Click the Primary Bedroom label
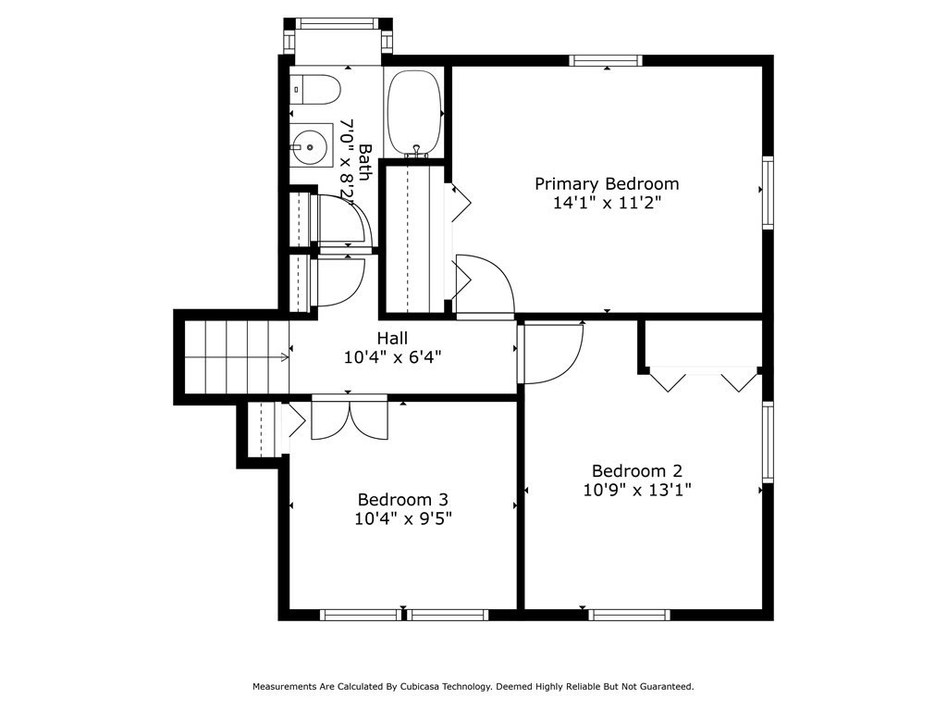point(607,184)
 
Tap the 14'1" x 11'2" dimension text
point(607,203)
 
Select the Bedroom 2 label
point(637,470)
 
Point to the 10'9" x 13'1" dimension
point(637,490)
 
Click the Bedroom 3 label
point(403,499)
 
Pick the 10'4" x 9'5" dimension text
point(403,518)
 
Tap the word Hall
point(392,338)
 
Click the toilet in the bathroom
point(316,90)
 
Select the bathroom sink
point(311,145)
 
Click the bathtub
point(413,113)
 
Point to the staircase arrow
point(237,358)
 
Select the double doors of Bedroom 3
point(350,418)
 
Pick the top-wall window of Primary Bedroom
point(605,60)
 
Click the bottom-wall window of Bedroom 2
point(629,615)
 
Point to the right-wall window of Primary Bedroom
point(768,193)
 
